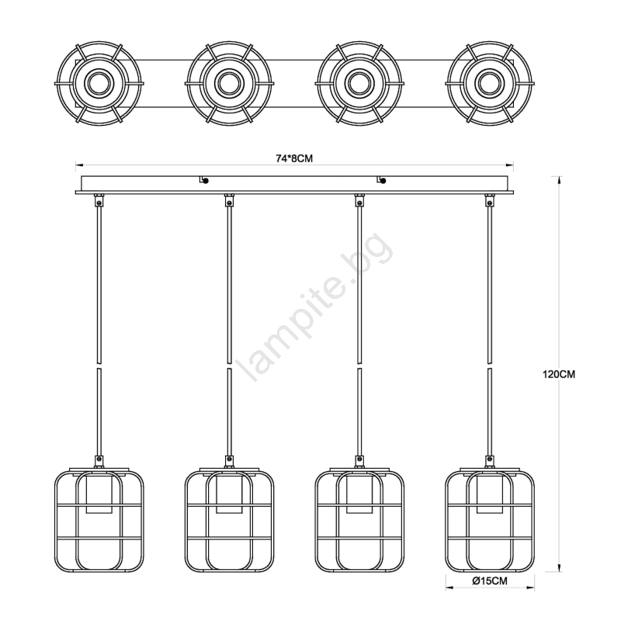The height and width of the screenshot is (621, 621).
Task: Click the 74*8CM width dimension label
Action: [294, 158]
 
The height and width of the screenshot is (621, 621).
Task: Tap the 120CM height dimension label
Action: [558, 374]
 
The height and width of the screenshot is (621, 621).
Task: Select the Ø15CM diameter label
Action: [490, 581]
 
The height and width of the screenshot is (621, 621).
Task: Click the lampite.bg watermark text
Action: [315, 307]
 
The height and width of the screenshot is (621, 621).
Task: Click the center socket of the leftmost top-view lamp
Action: [99, 84]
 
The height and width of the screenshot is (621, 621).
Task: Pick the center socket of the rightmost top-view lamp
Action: [490, 84]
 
